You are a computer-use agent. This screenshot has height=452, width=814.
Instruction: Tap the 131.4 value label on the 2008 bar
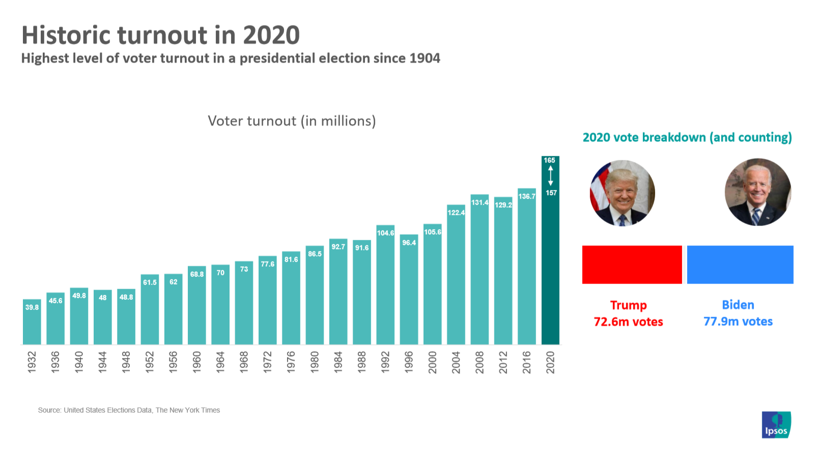coord(480,203)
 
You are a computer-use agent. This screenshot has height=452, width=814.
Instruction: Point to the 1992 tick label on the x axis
coord(385,362)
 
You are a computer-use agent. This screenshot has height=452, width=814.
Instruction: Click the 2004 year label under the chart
coord(456,362)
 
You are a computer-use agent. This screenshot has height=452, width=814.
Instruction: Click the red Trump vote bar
coord(632,265)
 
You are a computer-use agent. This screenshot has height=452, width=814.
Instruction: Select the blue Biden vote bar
coord(740,265)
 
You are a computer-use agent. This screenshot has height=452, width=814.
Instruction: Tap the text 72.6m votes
coord(628,322)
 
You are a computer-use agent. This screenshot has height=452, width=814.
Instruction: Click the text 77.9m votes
coord(738,321)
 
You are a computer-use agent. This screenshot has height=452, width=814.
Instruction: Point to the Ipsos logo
coord(776,425)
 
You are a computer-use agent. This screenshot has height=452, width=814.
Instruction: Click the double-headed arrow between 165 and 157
coord(550,176)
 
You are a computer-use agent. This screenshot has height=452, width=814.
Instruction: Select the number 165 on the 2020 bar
coord(549,160)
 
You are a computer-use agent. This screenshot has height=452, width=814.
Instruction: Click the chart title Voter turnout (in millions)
coord(292,121)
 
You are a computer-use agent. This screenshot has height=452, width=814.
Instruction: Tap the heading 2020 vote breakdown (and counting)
coord(687,137)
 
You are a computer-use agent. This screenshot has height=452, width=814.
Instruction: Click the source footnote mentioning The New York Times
coord(129,410)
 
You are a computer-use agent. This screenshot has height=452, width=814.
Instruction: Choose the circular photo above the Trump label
coord(622,193)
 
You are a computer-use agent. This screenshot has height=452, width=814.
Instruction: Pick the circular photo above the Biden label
coord(757,192)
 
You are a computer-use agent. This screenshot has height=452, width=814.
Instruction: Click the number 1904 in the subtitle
coord(425,59)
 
